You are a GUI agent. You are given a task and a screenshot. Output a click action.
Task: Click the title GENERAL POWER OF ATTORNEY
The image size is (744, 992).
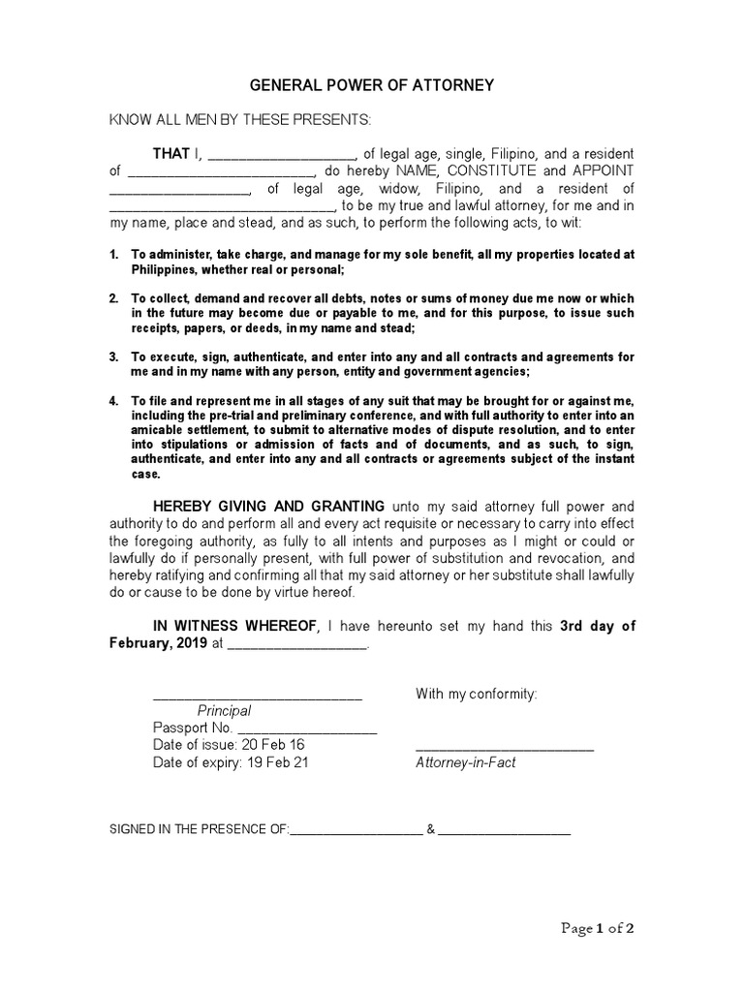372,85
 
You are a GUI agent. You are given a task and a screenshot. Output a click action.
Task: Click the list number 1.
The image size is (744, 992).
113,255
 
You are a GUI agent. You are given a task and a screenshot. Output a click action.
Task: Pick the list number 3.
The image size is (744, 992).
113,356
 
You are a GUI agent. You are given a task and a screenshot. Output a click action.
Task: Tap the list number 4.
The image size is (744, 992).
113,400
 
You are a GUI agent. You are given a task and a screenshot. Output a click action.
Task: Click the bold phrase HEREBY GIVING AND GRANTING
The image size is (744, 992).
269,507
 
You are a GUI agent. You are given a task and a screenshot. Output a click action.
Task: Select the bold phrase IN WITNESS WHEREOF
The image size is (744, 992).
235,626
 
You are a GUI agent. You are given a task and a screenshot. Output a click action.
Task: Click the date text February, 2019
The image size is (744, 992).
158,643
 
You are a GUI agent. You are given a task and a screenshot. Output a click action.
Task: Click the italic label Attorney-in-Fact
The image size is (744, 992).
465,762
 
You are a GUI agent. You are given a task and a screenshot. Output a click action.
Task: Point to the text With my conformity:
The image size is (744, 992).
476,694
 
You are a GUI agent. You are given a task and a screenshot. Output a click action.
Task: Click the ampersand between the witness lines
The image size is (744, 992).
430,829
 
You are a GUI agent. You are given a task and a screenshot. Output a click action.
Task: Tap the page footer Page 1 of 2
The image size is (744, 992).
599,928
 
